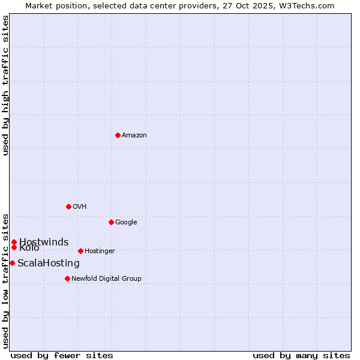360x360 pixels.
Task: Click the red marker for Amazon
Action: [118, 135]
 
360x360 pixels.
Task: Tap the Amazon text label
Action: [134, 136]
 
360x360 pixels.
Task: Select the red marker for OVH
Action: [68, 206]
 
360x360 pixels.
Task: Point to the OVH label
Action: [80, 207]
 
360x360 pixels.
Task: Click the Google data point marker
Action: [111, 222]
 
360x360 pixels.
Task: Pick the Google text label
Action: [126, 223]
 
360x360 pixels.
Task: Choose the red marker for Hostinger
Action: [80, 251]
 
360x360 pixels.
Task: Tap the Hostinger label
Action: [100, 251]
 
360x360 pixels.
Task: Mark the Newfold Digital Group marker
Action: [67, 278]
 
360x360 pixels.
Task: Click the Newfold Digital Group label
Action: [106, 279]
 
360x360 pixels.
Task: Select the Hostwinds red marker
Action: [14, 242]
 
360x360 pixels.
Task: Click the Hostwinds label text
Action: [44, 242]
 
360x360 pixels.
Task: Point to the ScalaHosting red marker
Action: [12, 263]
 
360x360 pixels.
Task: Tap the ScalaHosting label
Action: [48, 263]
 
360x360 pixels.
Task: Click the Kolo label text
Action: [29, 248]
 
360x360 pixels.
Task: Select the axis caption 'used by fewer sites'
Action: [62, 355]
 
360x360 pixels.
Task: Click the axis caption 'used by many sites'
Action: [301, 355]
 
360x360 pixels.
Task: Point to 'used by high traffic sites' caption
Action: [6, 85]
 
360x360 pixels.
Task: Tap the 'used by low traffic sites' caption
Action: [6, 280]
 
